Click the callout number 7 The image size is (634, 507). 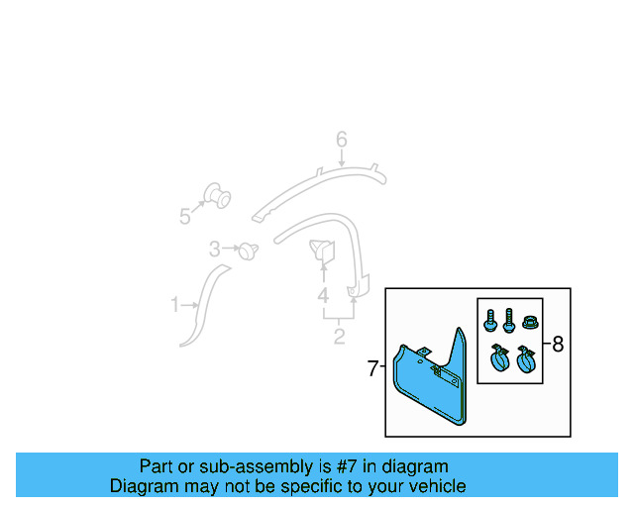372,369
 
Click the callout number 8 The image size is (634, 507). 558,345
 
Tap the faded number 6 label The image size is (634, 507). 341,141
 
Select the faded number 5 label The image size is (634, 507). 185,217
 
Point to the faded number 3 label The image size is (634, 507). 214,249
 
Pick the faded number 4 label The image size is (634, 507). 323,295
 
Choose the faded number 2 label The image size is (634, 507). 339,337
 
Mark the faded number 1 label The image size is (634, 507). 175,305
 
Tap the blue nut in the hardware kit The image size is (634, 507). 528,322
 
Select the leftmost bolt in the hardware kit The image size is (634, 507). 490,321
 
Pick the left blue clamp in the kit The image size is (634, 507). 498,359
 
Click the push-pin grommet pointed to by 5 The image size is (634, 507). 215,195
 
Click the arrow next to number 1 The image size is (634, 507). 191,305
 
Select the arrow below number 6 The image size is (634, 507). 341,158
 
